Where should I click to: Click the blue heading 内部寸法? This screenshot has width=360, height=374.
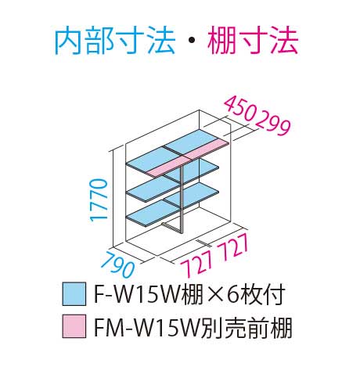(114, 41)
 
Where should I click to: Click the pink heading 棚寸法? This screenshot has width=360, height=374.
(253, 41)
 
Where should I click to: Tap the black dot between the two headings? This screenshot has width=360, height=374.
(191, 41)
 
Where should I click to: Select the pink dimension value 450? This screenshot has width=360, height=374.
(239, 109)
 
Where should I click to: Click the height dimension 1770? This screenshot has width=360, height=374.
(99, 200)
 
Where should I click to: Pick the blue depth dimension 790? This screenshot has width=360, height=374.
(117, 264)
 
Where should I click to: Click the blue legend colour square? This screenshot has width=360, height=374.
(74, 294)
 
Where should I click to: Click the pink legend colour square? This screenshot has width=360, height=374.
(74, 326)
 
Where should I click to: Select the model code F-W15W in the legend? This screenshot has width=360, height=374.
(139, 294)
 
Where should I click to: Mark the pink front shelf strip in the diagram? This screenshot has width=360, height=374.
(188, 157)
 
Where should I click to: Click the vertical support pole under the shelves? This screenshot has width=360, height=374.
(182, 199)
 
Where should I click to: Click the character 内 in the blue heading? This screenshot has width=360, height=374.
(69, 41)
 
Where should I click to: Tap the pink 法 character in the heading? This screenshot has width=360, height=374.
(283, 41)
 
